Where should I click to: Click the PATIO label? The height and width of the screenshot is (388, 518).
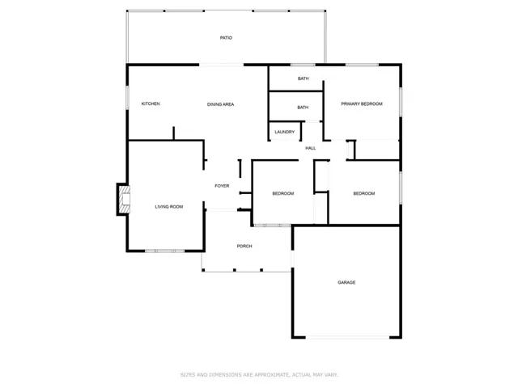tap(226, 38)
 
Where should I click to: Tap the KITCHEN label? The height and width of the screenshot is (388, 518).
tap(151, 104)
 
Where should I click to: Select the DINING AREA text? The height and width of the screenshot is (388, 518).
tap(220, 104)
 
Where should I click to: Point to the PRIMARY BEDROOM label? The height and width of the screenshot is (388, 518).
tap(362, 104)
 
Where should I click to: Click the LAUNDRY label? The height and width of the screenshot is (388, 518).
tap(284, 132)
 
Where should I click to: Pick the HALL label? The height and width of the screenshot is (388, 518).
tap(310, 148)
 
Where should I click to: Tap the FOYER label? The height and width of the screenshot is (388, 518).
tap(222, 186)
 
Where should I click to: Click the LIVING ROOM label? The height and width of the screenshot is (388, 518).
tap(169, 207)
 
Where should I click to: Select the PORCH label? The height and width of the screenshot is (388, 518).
tap(244, 246)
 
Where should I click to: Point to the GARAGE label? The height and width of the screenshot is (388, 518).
tap(346, 282)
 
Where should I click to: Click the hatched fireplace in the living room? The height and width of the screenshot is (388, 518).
tap(125, 200)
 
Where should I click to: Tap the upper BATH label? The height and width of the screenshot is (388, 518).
tap(304, 78)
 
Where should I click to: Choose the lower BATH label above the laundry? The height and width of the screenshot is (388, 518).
tap(303, 108)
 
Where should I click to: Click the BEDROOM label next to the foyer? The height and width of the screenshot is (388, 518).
tap(283, 194)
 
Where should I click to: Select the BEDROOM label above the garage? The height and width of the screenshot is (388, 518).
tap(364, 194)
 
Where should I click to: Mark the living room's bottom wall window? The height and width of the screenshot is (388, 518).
tap(164, 251)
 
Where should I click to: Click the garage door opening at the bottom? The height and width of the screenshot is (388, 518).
tap(347, 338)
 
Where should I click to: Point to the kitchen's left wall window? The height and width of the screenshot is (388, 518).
tap(128, 98)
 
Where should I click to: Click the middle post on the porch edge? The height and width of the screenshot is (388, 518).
tap(235, 270)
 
